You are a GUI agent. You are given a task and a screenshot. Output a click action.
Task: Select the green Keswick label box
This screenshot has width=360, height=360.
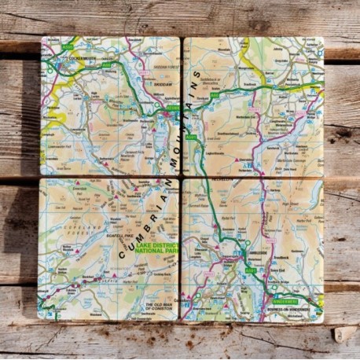click(x=174, y=108)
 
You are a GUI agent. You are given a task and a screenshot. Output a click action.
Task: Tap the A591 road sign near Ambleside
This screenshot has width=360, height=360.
click(x=251, y=270)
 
